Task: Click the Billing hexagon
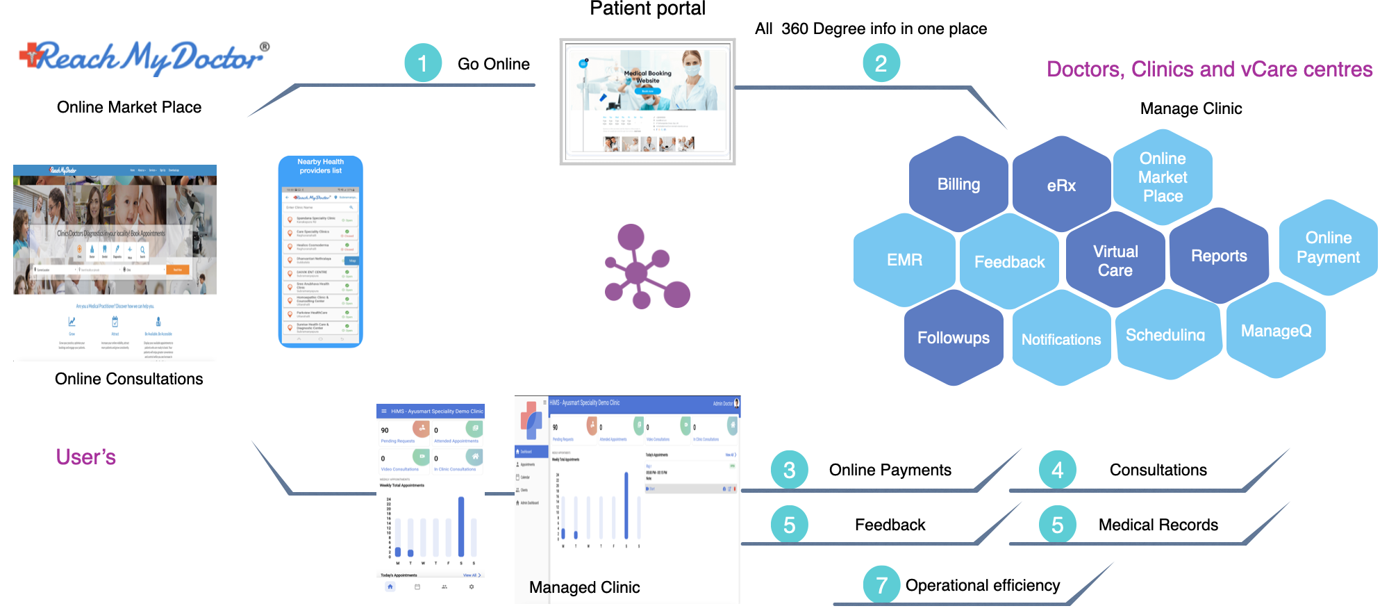[x=958, y=184]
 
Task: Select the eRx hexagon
[x=1061, y=186]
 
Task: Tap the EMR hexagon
[x=904, y=260]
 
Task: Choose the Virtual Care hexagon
[x=1115, y=261]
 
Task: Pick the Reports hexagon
[x=1219, y=256]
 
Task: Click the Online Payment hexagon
[x=1328, y=247]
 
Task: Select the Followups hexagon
[x=954, y=338]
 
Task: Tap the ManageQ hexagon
[x=1276, y=331]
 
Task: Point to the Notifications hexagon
[x=1061, y=339]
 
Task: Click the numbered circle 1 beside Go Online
[x=423, y=63]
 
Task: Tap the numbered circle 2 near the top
[x=881, y=63]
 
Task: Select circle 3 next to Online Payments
[x=789, y=470]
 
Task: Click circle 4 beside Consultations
[x=1057, y=470]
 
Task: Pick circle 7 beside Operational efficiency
[x=881, y=585]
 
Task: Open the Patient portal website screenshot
[x=647, y=101]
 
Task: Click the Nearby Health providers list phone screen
[x=320, y=252]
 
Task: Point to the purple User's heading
[x=85, y=457]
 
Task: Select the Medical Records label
[x=1158, y=525]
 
